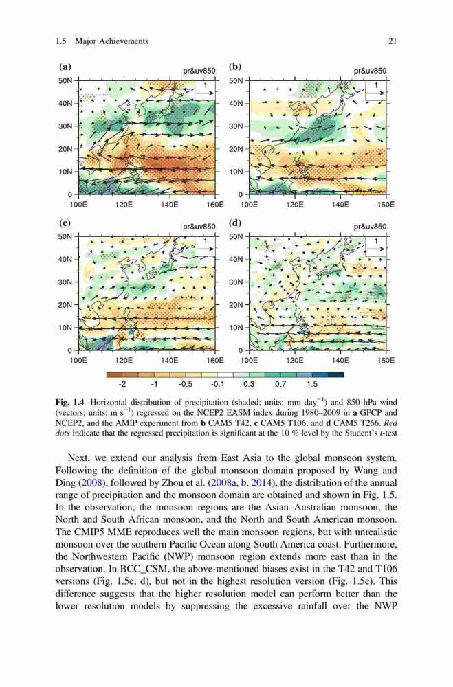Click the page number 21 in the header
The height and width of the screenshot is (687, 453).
393,41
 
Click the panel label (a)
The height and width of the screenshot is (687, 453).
65,67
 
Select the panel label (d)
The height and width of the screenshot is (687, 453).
236,223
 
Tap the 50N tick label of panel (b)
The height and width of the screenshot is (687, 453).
236,81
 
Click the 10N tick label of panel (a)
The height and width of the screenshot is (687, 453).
65,172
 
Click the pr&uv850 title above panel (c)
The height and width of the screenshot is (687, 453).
199,227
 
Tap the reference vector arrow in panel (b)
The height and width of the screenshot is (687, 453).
376,93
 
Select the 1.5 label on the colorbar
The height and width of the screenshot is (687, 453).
312,384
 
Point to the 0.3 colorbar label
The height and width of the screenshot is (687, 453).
249,384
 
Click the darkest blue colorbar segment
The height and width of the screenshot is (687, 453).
336,374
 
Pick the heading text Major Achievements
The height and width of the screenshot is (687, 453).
112,41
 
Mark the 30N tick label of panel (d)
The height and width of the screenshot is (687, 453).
236,282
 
